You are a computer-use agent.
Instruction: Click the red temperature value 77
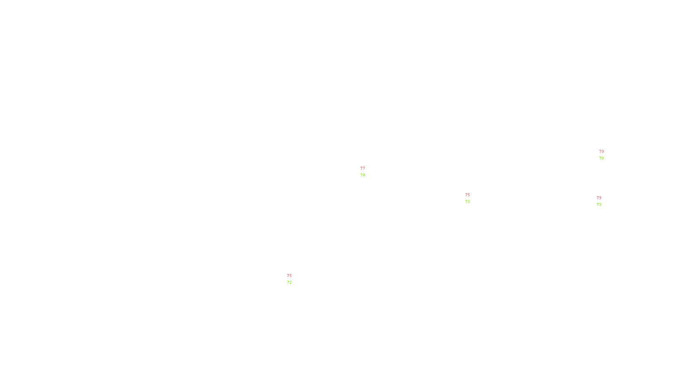click(x=363, y=168)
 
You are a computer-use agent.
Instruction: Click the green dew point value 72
click(x=289, y=283)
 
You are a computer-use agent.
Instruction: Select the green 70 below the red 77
click(x=363, y=175)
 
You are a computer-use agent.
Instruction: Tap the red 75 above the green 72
click(x=289, y=276)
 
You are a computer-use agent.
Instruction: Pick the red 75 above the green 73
click(x=468, y=195)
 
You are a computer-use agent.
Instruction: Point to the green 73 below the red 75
click(x=468, y=202)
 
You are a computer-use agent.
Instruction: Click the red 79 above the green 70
click(x=602, y=152)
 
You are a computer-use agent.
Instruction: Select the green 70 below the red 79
click(x=602, y=158)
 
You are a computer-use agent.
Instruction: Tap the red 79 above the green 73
click(x=599, y=198)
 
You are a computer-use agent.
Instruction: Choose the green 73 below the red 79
click(x=599, y=205)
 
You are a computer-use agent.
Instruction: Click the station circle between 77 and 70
click(x=366, y=172)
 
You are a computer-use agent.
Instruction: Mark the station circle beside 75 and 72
click(x=293, y=279)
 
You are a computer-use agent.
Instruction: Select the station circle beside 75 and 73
click(x=471, y=198)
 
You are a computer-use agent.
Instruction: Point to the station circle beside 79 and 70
click(x=606, y=155)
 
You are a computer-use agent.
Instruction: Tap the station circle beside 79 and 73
click(x=603, y=201)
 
